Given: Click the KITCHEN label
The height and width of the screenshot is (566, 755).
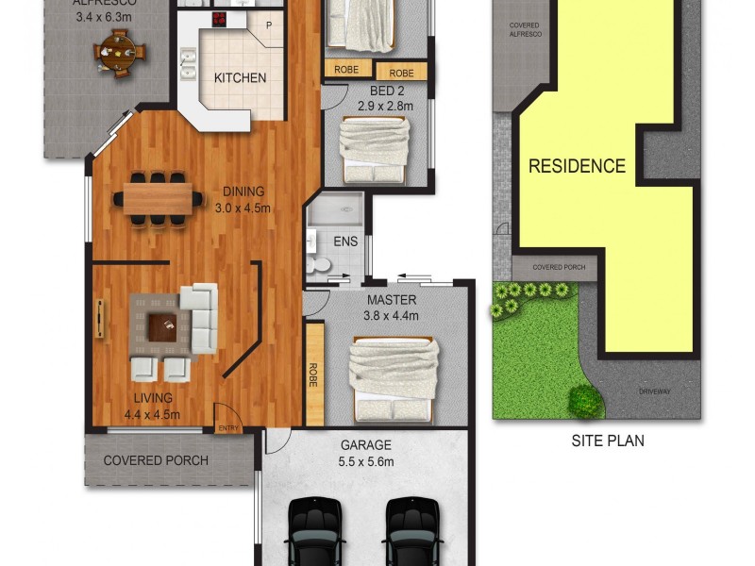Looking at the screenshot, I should (x=240, y=78).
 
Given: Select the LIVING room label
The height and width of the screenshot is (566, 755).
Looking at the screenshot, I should (x=152, y=398).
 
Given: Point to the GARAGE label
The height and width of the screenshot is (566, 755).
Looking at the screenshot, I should (x=364, y=445).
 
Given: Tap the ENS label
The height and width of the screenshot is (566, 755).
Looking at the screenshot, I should (x=345, y=241).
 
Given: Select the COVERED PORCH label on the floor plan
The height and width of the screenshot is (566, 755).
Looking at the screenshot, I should (x=156, y=461).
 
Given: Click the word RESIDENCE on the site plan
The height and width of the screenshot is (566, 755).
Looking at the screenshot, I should (x=577, y=166).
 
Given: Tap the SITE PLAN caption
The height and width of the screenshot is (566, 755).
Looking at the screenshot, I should (x=608, y=441).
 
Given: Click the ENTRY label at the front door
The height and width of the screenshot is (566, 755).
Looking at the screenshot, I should (x=228, y=428).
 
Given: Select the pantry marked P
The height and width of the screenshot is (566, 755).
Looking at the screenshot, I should (x=269, y=25).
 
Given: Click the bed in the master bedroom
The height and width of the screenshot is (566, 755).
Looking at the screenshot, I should (x=394, y=377).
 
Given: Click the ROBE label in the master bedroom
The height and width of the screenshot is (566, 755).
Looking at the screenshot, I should (x=312, y=375).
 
